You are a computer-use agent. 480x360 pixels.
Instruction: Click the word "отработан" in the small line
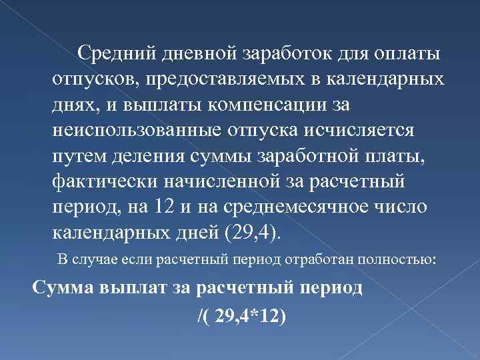[307, 259]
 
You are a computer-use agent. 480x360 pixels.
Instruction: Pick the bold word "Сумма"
[62, 289]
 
